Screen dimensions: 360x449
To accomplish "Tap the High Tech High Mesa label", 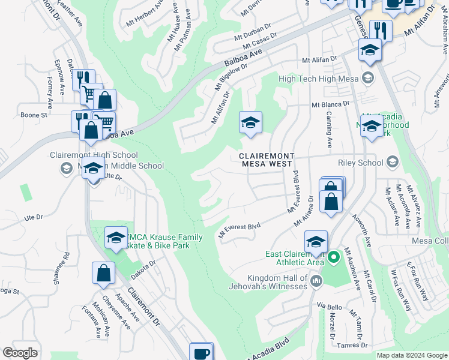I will tap(318, 78).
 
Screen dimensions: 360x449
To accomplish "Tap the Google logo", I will tap(20, 353).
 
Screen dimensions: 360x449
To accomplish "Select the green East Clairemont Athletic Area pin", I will tap(335, 259).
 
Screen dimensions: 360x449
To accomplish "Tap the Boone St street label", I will tap(34, 115).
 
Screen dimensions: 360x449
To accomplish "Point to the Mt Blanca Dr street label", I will tap(330, 104).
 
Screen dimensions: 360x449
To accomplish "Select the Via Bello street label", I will tap(330, 307).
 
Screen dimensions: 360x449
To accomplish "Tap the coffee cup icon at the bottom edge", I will tap(201, 353).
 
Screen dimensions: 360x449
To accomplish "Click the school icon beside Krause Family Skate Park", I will tap(116, 238).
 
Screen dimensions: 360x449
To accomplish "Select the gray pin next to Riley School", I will tap(393, 162).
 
